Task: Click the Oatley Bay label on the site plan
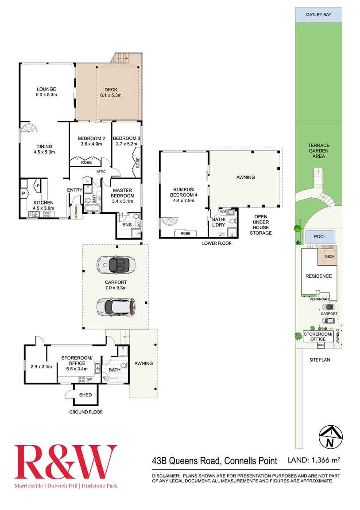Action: click(x=319, y=15)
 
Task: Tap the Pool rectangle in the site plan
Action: click(x=320, y=237)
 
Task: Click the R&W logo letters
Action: click(x=66, y=463)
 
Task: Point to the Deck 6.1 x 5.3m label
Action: click(x=108, y=92)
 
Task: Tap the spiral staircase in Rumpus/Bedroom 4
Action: click(x=170, y=222)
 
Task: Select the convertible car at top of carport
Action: click(x=116, y=265)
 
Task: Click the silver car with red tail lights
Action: click(x=116, y=306)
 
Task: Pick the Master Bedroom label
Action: click(x=122, y=193)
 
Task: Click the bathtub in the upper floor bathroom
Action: click(x=92, y=209)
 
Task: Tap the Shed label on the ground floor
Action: click(x=85, y=395)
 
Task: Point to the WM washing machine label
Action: click(x=223, y=212)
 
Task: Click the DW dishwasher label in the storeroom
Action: click(x=89, y=379)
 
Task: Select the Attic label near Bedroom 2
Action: click(x=101, y=171)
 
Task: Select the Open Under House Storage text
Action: click(x=260, y=225)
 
